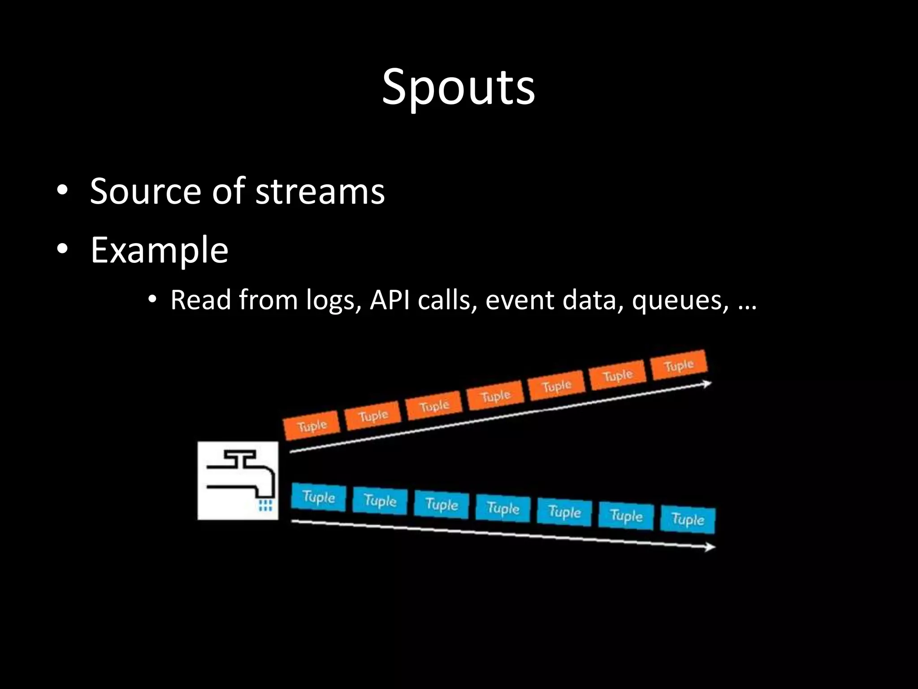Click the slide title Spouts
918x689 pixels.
point(458,87)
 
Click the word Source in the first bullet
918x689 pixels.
point(145,192)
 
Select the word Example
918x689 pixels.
point(159,250)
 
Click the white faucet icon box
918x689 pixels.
point(238,480)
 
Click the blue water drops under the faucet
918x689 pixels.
point(265,505)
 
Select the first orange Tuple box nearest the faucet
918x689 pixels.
point(312,425)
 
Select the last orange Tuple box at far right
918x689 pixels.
point(679,365)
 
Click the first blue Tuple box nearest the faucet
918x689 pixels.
point(319,497)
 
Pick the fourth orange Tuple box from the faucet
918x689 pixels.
point(495,396)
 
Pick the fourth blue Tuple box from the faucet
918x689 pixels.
point(503,508)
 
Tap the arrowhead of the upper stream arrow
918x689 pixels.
point(707,384)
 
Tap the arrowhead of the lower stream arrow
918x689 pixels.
point(710,547)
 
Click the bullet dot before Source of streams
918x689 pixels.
point(62,192)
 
